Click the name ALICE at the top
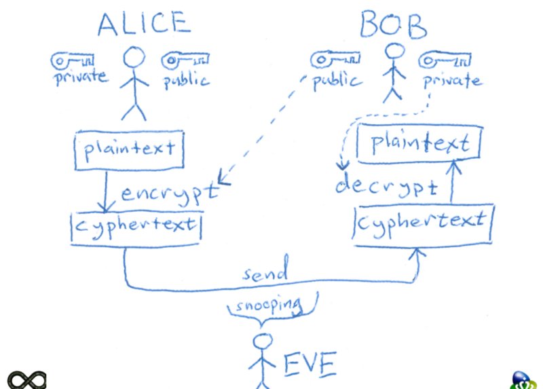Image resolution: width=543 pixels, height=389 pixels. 142,24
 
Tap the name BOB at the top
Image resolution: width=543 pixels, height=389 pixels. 393,26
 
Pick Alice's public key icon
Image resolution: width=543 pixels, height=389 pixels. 184,61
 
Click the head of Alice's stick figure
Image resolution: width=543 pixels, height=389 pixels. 134,58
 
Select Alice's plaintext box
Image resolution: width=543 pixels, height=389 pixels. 129,148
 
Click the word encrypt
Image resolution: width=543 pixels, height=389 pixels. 170,193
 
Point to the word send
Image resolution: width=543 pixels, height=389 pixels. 267,274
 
